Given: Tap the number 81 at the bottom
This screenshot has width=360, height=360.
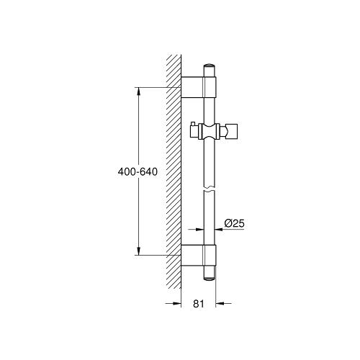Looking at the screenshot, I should pyautogui.click(x=199, y=304).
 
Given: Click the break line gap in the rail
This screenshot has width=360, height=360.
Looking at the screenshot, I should pyautogui.click(x=209, y=189).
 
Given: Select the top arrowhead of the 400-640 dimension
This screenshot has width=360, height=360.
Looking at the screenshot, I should pyautogui.click(x=137, y=91).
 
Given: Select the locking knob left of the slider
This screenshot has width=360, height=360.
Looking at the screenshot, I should pyautogui.click(x=193, y=131).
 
